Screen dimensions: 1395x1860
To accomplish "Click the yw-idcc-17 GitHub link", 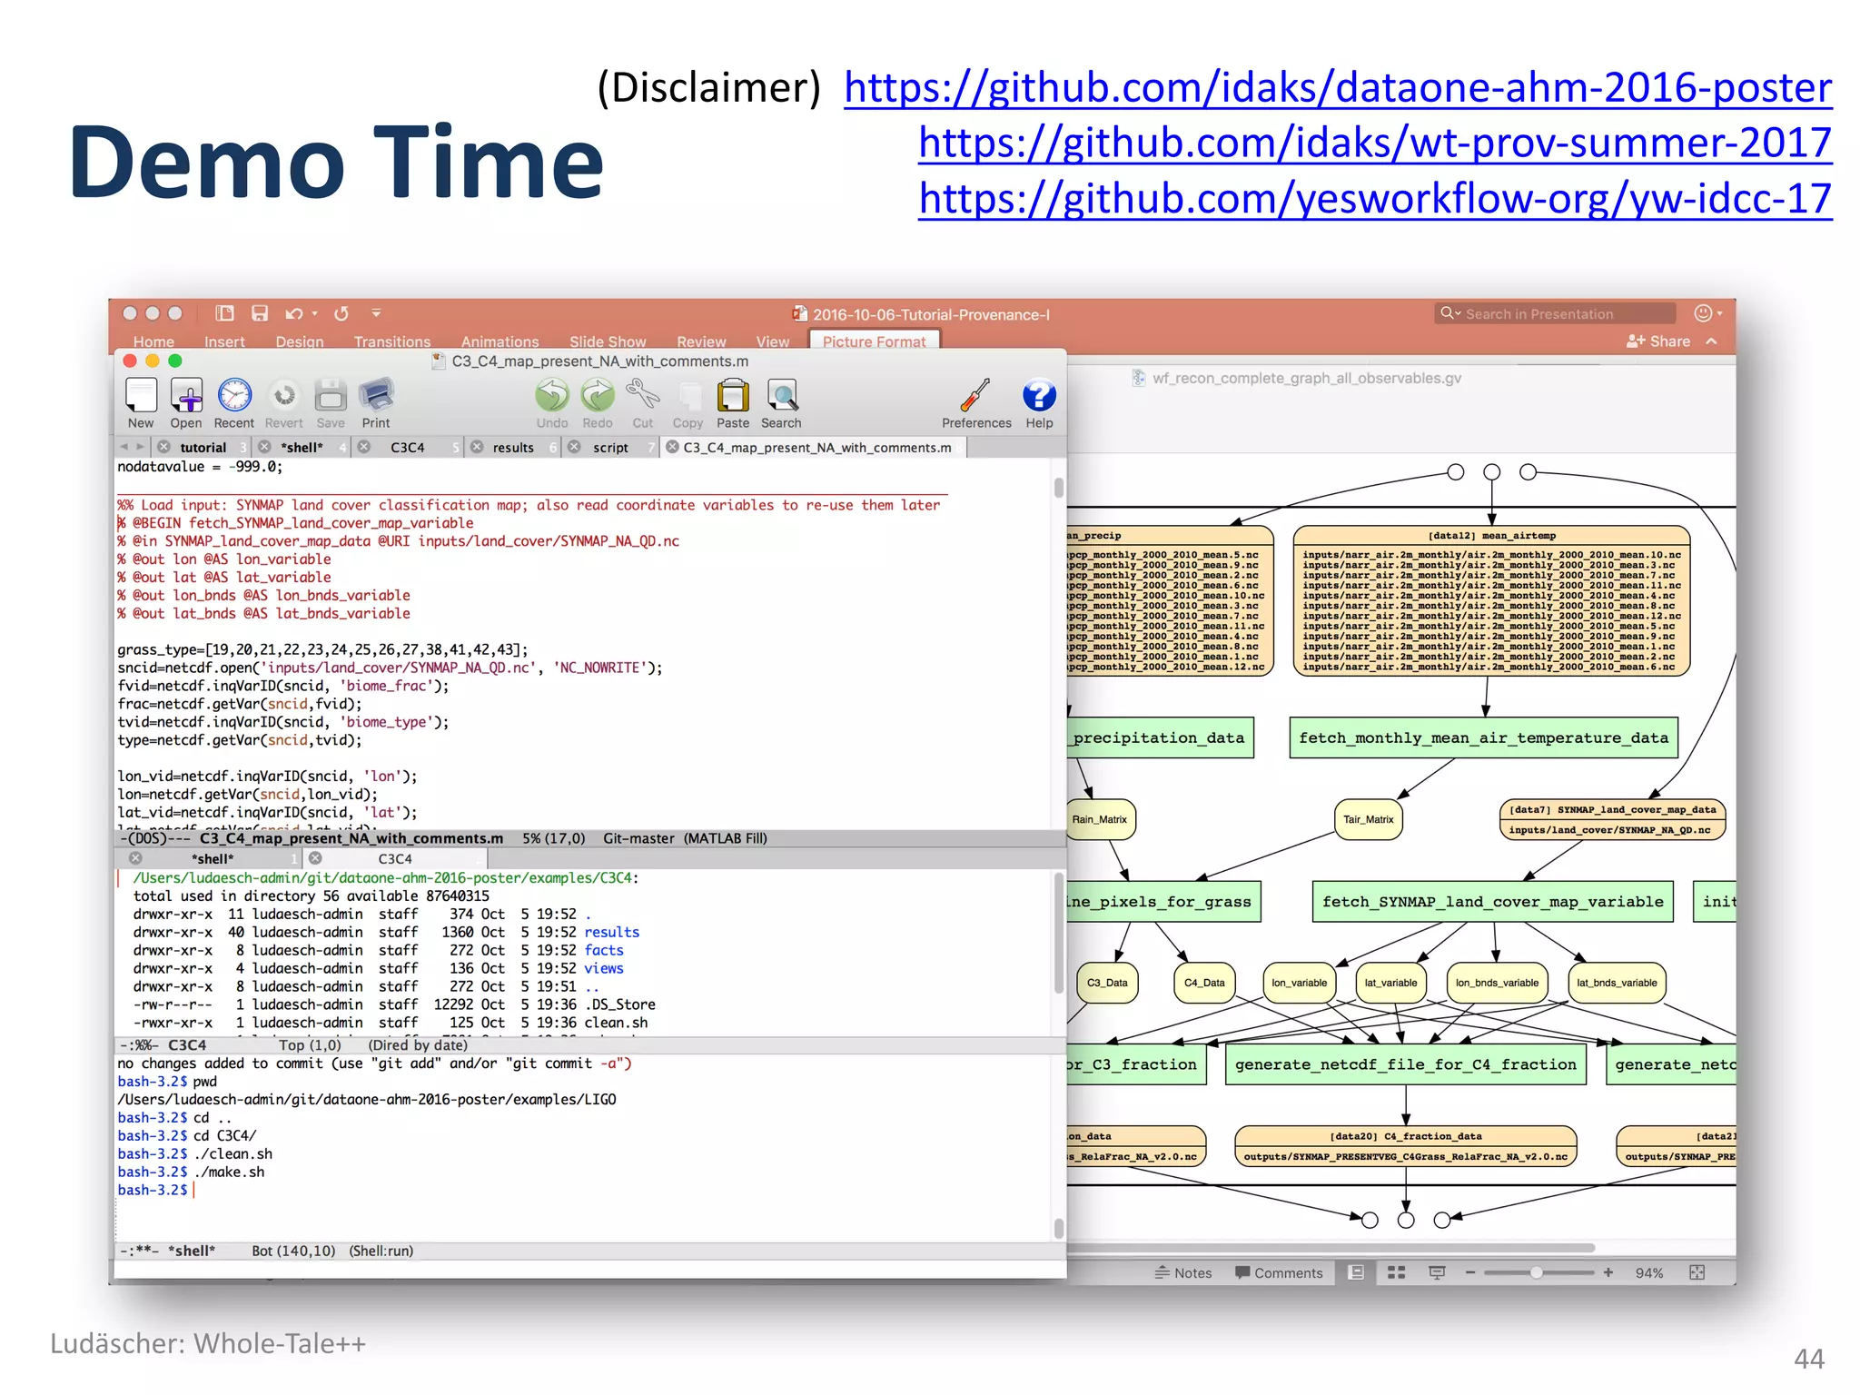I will pyautogui.click(x=1375, y=199).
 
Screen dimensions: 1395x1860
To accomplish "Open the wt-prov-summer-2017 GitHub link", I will pyautogui.click(x=1375, y=143).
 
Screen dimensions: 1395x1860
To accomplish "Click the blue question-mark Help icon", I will pyautogui.click(x=1039, y=397).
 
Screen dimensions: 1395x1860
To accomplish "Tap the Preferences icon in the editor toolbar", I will pyautogui.click(x=975, y=397).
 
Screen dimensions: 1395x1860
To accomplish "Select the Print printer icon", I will pyautogui.click(x=375, y=397).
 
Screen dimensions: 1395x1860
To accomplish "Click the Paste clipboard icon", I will pyautogui.click(x=732, y=397).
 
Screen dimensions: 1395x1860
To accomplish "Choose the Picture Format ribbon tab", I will pyautogui.click(x=874, y=341).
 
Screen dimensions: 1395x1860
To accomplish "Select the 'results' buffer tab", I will pyautogui.click(x=513, y=448).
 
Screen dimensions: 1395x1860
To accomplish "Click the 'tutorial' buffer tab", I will pyautogui.click(x=203, y=448).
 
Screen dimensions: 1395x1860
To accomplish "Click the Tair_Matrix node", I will pyautogui.click(x=1368, y=819).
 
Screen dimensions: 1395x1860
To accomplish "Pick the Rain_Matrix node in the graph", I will pyautogui.click(x=1100, y=819).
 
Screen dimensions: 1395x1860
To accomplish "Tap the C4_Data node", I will pyautogui.click(x=1204, y=983).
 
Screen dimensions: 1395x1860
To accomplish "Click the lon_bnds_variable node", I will pyautogui.click(x=1497, y=983).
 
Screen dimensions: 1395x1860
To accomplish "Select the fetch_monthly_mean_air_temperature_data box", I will pyautogui.click(x=1483, y=737).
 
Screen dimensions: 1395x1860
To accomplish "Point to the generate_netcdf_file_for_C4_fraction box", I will pyautogui.click(x=1405, y=1064).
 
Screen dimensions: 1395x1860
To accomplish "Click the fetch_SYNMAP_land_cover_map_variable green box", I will pyautogui.click(x=1492, y=902).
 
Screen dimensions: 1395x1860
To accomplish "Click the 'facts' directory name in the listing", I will pyautogui.click(x=604, y=950).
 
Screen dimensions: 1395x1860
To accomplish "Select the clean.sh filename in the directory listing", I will pyautogui.click(x=616, y=1023).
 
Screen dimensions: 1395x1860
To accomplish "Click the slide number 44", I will pyautogui.click(x=1808, y=1359).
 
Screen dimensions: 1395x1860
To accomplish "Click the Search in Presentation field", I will pyautogui.click(x=1554, y=314).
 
